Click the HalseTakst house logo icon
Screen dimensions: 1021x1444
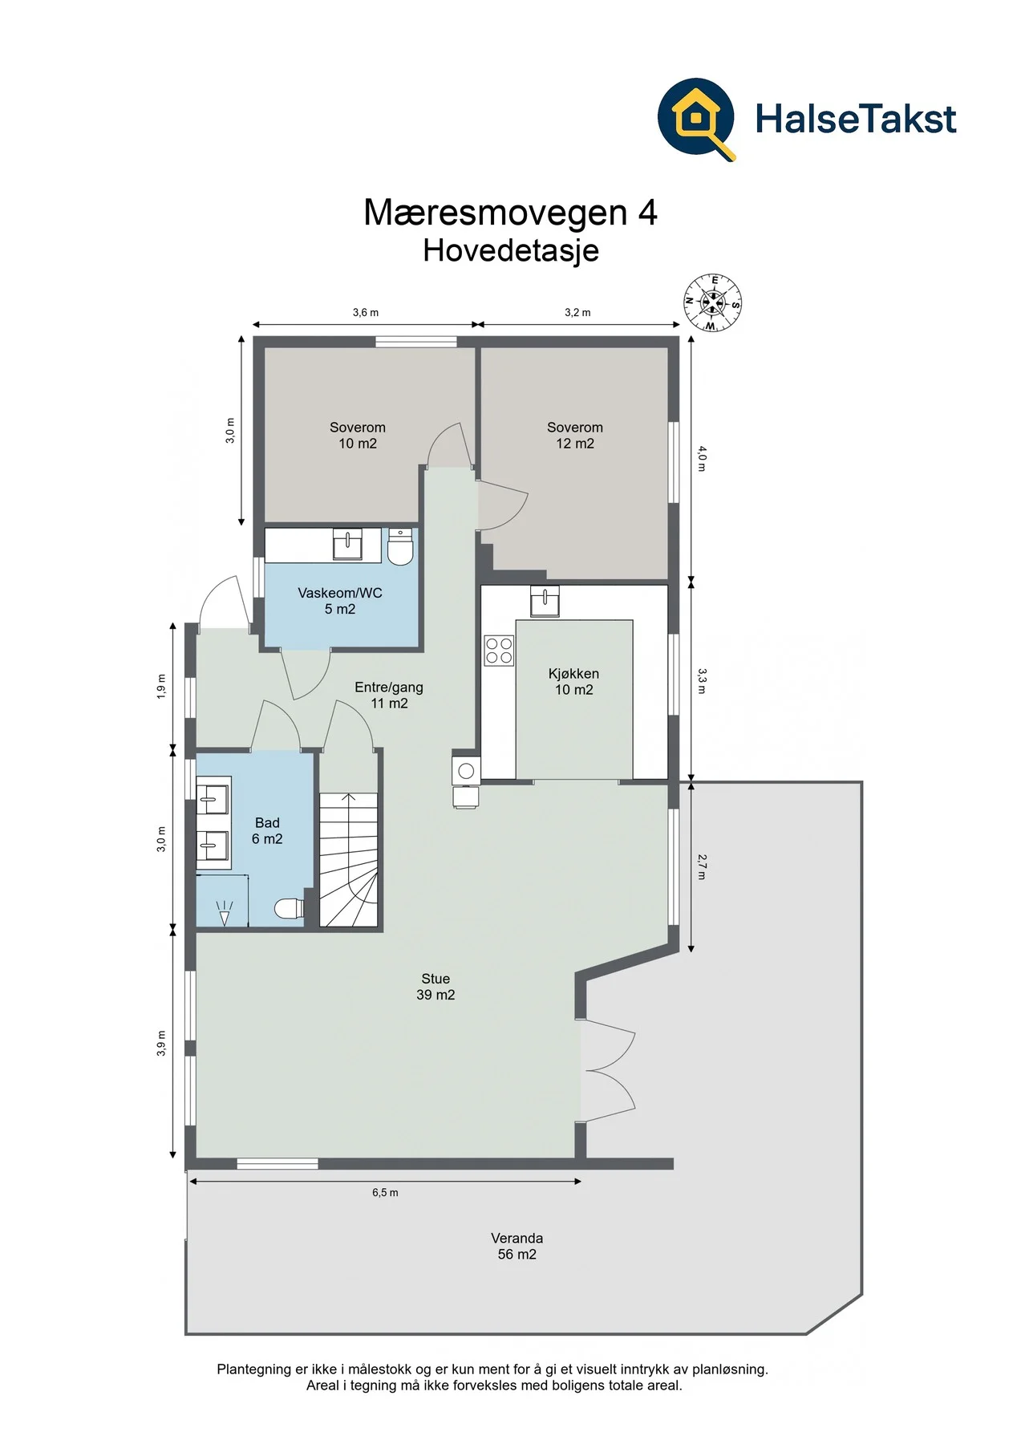point(696,119)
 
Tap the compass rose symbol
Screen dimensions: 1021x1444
point(712,303)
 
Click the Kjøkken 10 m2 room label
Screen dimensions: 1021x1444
point(573,682)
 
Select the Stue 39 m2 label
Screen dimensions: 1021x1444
point(436,987)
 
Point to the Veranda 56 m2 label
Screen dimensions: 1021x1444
point(517,1246)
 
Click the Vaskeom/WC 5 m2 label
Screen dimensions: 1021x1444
point(340,601)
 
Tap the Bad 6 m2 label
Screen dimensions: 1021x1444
point(267,831)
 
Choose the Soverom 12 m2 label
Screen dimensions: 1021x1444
point(575,436)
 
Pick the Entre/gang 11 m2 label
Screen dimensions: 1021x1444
point(389,695)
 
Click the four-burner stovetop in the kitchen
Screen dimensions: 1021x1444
point(499,651)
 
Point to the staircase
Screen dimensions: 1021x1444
point(349,859)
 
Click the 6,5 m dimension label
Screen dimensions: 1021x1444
point(385,1193)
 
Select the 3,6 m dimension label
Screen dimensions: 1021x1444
point(366,313)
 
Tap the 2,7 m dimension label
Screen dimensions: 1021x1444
point(702,867)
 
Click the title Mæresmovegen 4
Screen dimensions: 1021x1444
point(511,213)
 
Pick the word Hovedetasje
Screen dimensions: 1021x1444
point(511,250)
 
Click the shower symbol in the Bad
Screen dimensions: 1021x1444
point(225,911)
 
